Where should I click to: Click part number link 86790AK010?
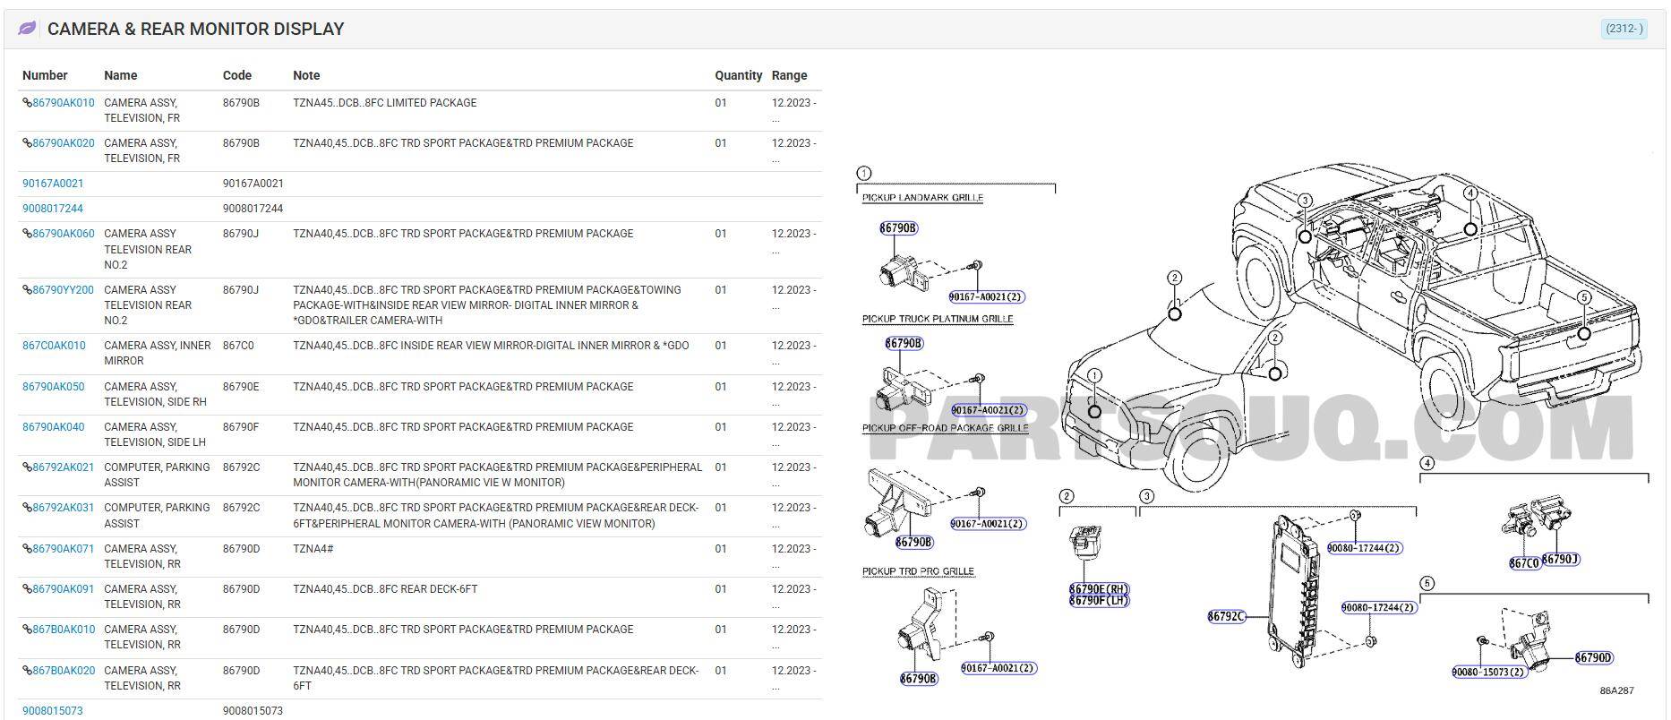pyautogui.click(x=63, y=103)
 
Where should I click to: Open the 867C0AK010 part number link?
pyautogui.click(x=54, y=346)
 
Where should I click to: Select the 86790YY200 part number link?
pyautogui.click(x=63, y=290)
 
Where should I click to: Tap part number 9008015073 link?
pyautogui.click(x=52, y=711)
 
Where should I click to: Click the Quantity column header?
pyautogui.click(x=738, y=75)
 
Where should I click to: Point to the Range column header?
pyautogui.click(x=789, y=75)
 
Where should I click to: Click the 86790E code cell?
pyautogui.click(x=241, y=387)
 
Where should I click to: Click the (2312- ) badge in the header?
pyautogui.click(x=1623, y=29)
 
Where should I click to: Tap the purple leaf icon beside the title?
pyautogui.click(x=28, y=29)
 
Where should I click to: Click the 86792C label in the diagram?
pyautogui.click(x=1226, y=616)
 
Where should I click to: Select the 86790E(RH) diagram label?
pyautogui.click(x=1099, y=588)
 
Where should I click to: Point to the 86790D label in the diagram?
pyautogui.click(x=1594, y=658)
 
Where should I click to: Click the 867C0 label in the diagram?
pyautogui.click(x=1523, y=563)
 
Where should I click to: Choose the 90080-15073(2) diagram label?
pyautogui.click(x=1488, y=672)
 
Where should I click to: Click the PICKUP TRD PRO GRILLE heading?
pyautogui.click(x=918, y=571)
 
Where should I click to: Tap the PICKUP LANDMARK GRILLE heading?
pyautogui.click(x=922, y=197)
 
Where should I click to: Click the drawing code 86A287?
pyautogui.click(x=1616, y=690)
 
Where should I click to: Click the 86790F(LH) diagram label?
pyautogui.click(x=1099, y=601)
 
